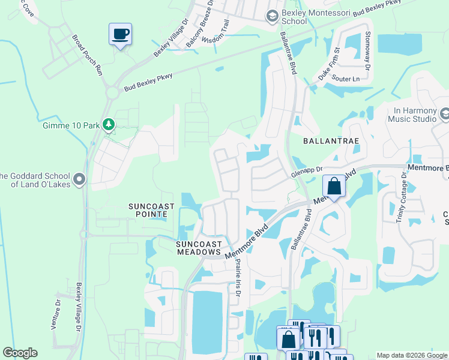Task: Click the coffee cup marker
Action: (121, 34)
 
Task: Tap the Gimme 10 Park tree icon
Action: (109, 125)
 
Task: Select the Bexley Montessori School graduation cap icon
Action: (273, 16)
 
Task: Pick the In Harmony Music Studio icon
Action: (445, 114)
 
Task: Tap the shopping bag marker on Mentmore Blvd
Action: (334, 187)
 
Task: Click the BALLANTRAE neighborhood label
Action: (331, 141)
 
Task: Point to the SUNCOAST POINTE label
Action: (152, 211)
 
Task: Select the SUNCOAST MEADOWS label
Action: (199, 248)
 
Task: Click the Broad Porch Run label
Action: (88, 54)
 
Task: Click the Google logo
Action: (20, 353)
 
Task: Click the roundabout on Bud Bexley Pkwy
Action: (112, 92)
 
